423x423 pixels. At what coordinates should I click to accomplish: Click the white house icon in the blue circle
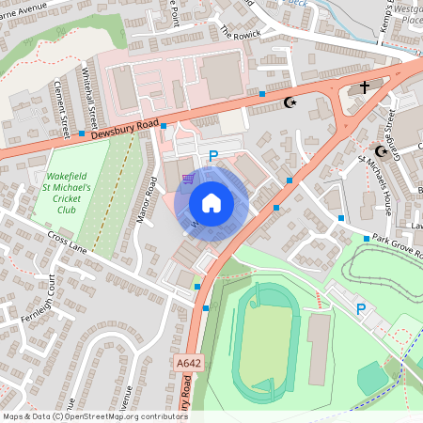pos(211,202)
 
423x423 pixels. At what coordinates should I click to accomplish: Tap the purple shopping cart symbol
pos(189,178)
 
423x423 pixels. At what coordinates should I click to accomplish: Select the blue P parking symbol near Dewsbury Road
pos(213,156)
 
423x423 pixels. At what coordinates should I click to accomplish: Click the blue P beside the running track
pos(360,309)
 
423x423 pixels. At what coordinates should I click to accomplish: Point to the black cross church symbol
pos(365,87)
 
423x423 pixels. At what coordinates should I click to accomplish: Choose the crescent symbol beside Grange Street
pos(381,150)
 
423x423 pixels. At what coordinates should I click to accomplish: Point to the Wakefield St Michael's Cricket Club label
pos(67,193)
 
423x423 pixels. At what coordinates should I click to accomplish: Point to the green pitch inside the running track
pos(268,338)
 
